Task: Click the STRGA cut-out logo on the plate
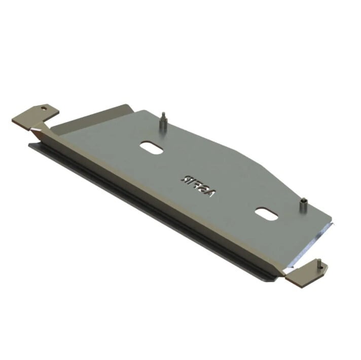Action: [x=194, y=180]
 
